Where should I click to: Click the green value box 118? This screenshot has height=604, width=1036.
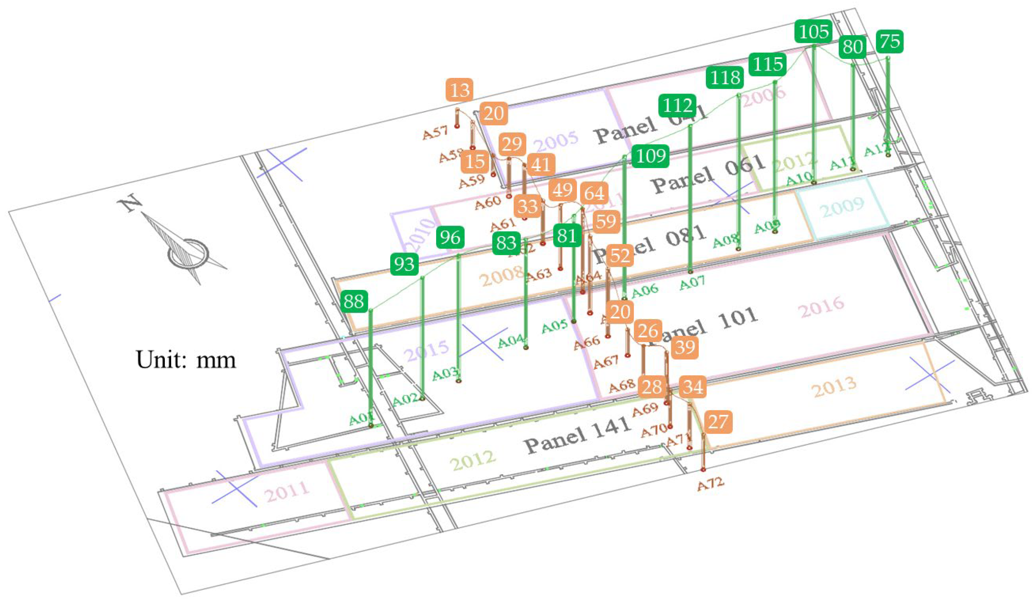725,78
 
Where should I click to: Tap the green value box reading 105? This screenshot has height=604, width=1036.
813,32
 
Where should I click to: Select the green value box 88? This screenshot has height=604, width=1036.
354,302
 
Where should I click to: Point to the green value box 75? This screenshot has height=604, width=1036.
890,41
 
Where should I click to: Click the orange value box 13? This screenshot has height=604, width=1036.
459,90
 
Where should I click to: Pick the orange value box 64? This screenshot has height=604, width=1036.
594,193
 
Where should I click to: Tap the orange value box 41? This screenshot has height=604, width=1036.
541,164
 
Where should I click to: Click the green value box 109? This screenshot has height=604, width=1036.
651,156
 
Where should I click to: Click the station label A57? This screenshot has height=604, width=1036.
435,133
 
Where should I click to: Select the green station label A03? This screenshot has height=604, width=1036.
445,374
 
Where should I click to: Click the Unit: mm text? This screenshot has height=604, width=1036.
186,360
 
